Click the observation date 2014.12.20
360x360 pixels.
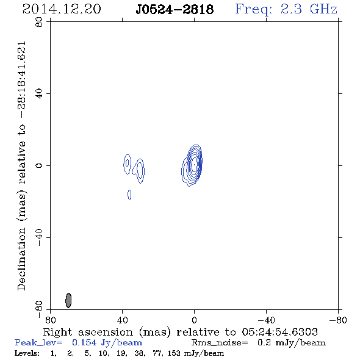pos(62,9)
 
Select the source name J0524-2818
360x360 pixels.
pos(175,9)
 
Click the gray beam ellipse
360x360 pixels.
pos(68,300)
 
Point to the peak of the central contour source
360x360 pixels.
pos(194,165)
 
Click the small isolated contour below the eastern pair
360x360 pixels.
pos(129,195)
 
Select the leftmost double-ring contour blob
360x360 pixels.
pos(127,164)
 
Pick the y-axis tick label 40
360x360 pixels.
pos(39,94)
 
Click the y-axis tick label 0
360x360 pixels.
pos(39,165)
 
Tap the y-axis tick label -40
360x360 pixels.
pos(39,237)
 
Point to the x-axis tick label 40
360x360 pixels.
pos(123,320)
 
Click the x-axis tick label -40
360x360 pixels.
pos(266,320)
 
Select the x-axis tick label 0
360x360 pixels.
pos(194,320)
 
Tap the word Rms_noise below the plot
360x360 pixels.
pos(220,343)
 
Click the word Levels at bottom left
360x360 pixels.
pos(27,353)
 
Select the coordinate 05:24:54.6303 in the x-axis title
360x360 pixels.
pos(280,332)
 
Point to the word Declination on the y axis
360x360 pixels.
pos(21,259)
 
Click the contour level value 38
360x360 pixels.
pos(139,353)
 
